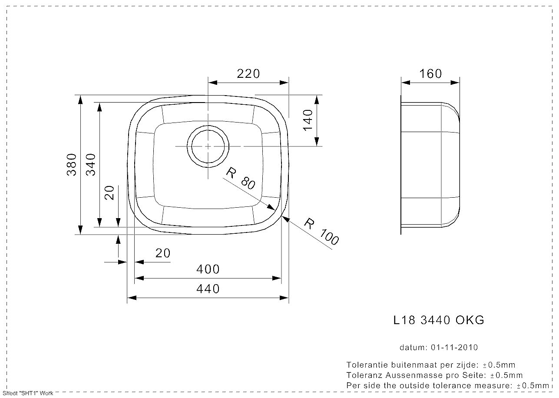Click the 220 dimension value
pos(248,74)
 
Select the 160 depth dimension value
pos(430,74)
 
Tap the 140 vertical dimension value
pos(308,120)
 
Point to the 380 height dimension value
pos(72,165)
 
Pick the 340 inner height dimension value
pos(91,165)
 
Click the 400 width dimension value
pos(208,269)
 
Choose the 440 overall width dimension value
pos(208,289)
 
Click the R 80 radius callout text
pos(241,179)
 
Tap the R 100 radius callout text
pos(321,232)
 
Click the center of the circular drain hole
pos(208,146)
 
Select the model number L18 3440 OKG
pos(438,320)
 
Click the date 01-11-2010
pos(454,348)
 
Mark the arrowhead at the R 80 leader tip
pos(271,208)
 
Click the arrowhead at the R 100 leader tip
pos(286,219)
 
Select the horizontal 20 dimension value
pos(163,253)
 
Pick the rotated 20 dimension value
pos(109,192)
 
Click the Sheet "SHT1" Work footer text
pos(28,394)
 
